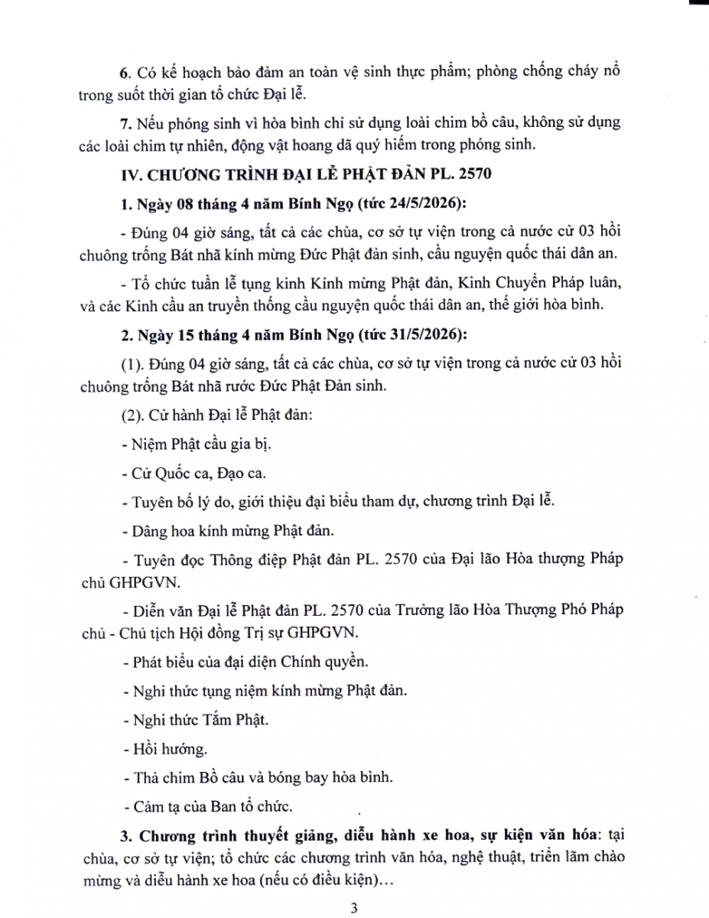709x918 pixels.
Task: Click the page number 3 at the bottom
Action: [353, 909]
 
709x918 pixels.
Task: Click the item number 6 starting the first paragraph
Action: [125, 71]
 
